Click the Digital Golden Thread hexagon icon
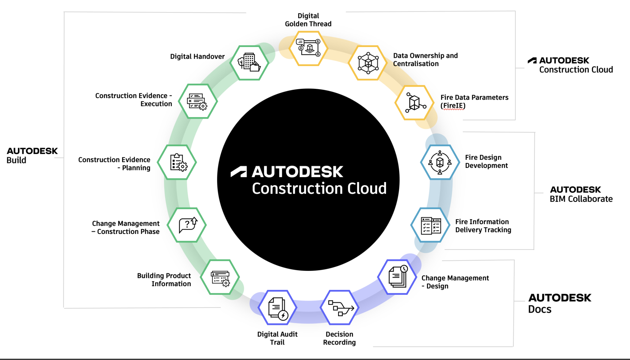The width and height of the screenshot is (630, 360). [309, 48]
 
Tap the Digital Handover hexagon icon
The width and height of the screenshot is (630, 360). [249, 62]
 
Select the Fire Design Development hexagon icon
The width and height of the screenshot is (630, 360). [440, 162]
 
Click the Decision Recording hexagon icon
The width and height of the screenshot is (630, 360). [340, 307]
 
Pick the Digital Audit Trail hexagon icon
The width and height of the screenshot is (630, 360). [277, 307]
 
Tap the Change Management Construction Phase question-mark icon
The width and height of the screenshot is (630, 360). [187, 225]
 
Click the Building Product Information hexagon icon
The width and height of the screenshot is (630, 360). [220, 277]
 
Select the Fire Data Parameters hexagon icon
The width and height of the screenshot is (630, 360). [414, 103]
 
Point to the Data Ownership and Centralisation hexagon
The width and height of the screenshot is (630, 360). [368, 63]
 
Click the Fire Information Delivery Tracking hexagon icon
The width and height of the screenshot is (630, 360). [430, 225]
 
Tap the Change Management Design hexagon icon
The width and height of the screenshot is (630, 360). [397, 277]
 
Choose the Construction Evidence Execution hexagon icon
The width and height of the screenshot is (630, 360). [198, 101]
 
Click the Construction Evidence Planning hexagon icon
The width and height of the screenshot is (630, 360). [177, 162]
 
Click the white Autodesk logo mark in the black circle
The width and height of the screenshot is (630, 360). [239, 172]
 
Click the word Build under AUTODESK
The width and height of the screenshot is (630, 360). [16, 160]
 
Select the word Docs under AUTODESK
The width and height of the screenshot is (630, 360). [540, 309]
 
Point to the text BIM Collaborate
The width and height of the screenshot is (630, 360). [581, 199]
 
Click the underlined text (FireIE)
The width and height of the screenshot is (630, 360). [453, 106]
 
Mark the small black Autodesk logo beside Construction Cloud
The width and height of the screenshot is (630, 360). [532, 61]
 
